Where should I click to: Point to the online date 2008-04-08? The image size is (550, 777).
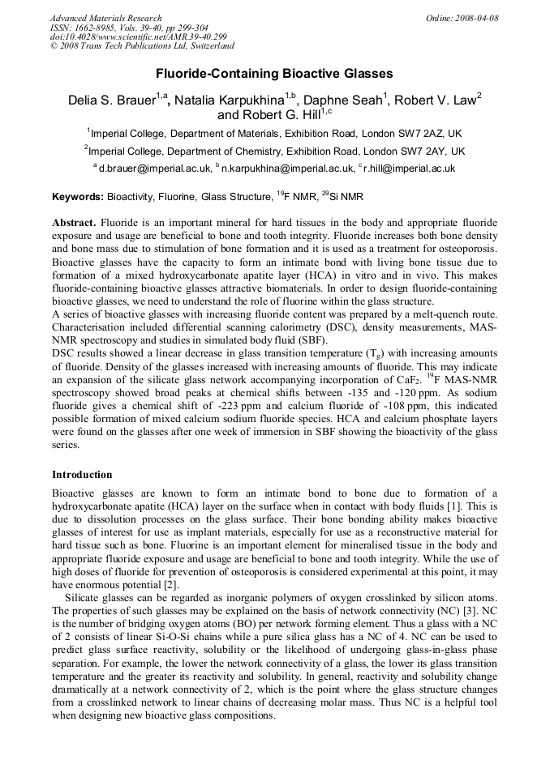pos(475,18)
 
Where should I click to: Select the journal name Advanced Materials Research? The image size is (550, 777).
pos(105,18)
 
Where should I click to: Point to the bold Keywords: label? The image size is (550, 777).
pos(78,197)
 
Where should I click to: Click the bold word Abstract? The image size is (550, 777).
pos(74,222)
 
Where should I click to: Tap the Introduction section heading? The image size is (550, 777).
pos(82,474)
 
